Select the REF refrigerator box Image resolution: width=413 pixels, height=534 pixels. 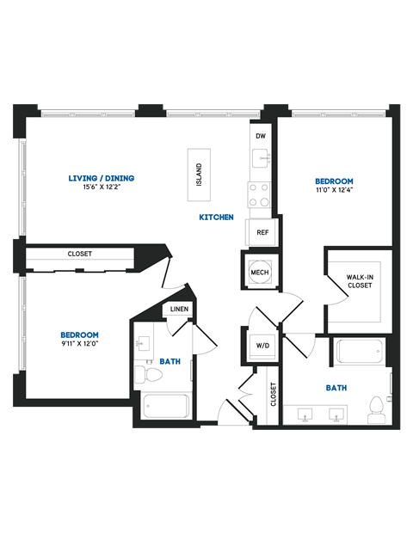[x=262, y=232]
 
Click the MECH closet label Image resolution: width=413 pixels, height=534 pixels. [x=260, y=272]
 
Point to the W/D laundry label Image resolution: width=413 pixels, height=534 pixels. [x=262, y=345]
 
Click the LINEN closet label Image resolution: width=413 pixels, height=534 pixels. [x=179, y=309]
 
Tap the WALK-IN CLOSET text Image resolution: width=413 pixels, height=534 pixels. [x=360, y=281]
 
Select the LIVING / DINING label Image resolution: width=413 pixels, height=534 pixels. [x=102, y=179]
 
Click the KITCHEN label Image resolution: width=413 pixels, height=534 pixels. [x=217, y=218]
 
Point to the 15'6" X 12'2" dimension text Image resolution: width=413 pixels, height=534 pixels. [x=102, y=188]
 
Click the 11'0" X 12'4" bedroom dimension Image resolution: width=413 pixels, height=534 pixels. [x=334, y=190]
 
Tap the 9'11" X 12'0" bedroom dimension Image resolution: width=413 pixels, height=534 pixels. [x=79, y=344]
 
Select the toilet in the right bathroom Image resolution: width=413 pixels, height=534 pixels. [x=375, y=405]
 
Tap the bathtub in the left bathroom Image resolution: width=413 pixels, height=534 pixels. [x=166, y=405]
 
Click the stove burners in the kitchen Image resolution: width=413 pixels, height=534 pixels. [x=260, y=195]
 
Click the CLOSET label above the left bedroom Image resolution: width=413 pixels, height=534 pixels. [x=80, y=254]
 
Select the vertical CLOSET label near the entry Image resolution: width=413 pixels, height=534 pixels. [x=274, y=394]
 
